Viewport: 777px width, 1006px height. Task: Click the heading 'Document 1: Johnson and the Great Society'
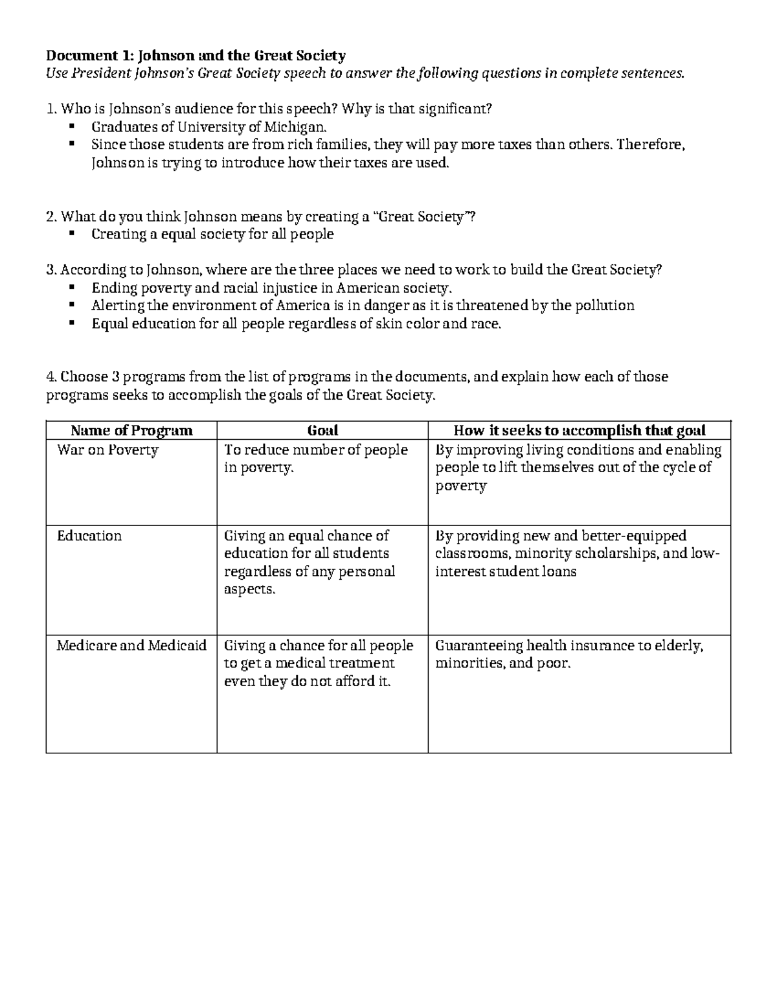pos(196,55)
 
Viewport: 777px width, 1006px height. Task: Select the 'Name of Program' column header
pos(131,431)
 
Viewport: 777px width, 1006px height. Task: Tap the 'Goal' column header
pos(322,431)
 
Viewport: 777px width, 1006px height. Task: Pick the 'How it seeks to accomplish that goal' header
pos(580,431)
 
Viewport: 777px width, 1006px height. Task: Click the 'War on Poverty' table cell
pos(107,450)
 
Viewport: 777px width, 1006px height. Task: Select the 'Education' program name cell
pos(89,536)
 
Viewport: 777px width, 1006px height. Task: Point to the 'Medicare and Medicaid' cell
pos(131,646)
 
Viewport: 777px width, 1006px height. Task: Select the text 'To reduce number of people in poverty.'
pos(316,459)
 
